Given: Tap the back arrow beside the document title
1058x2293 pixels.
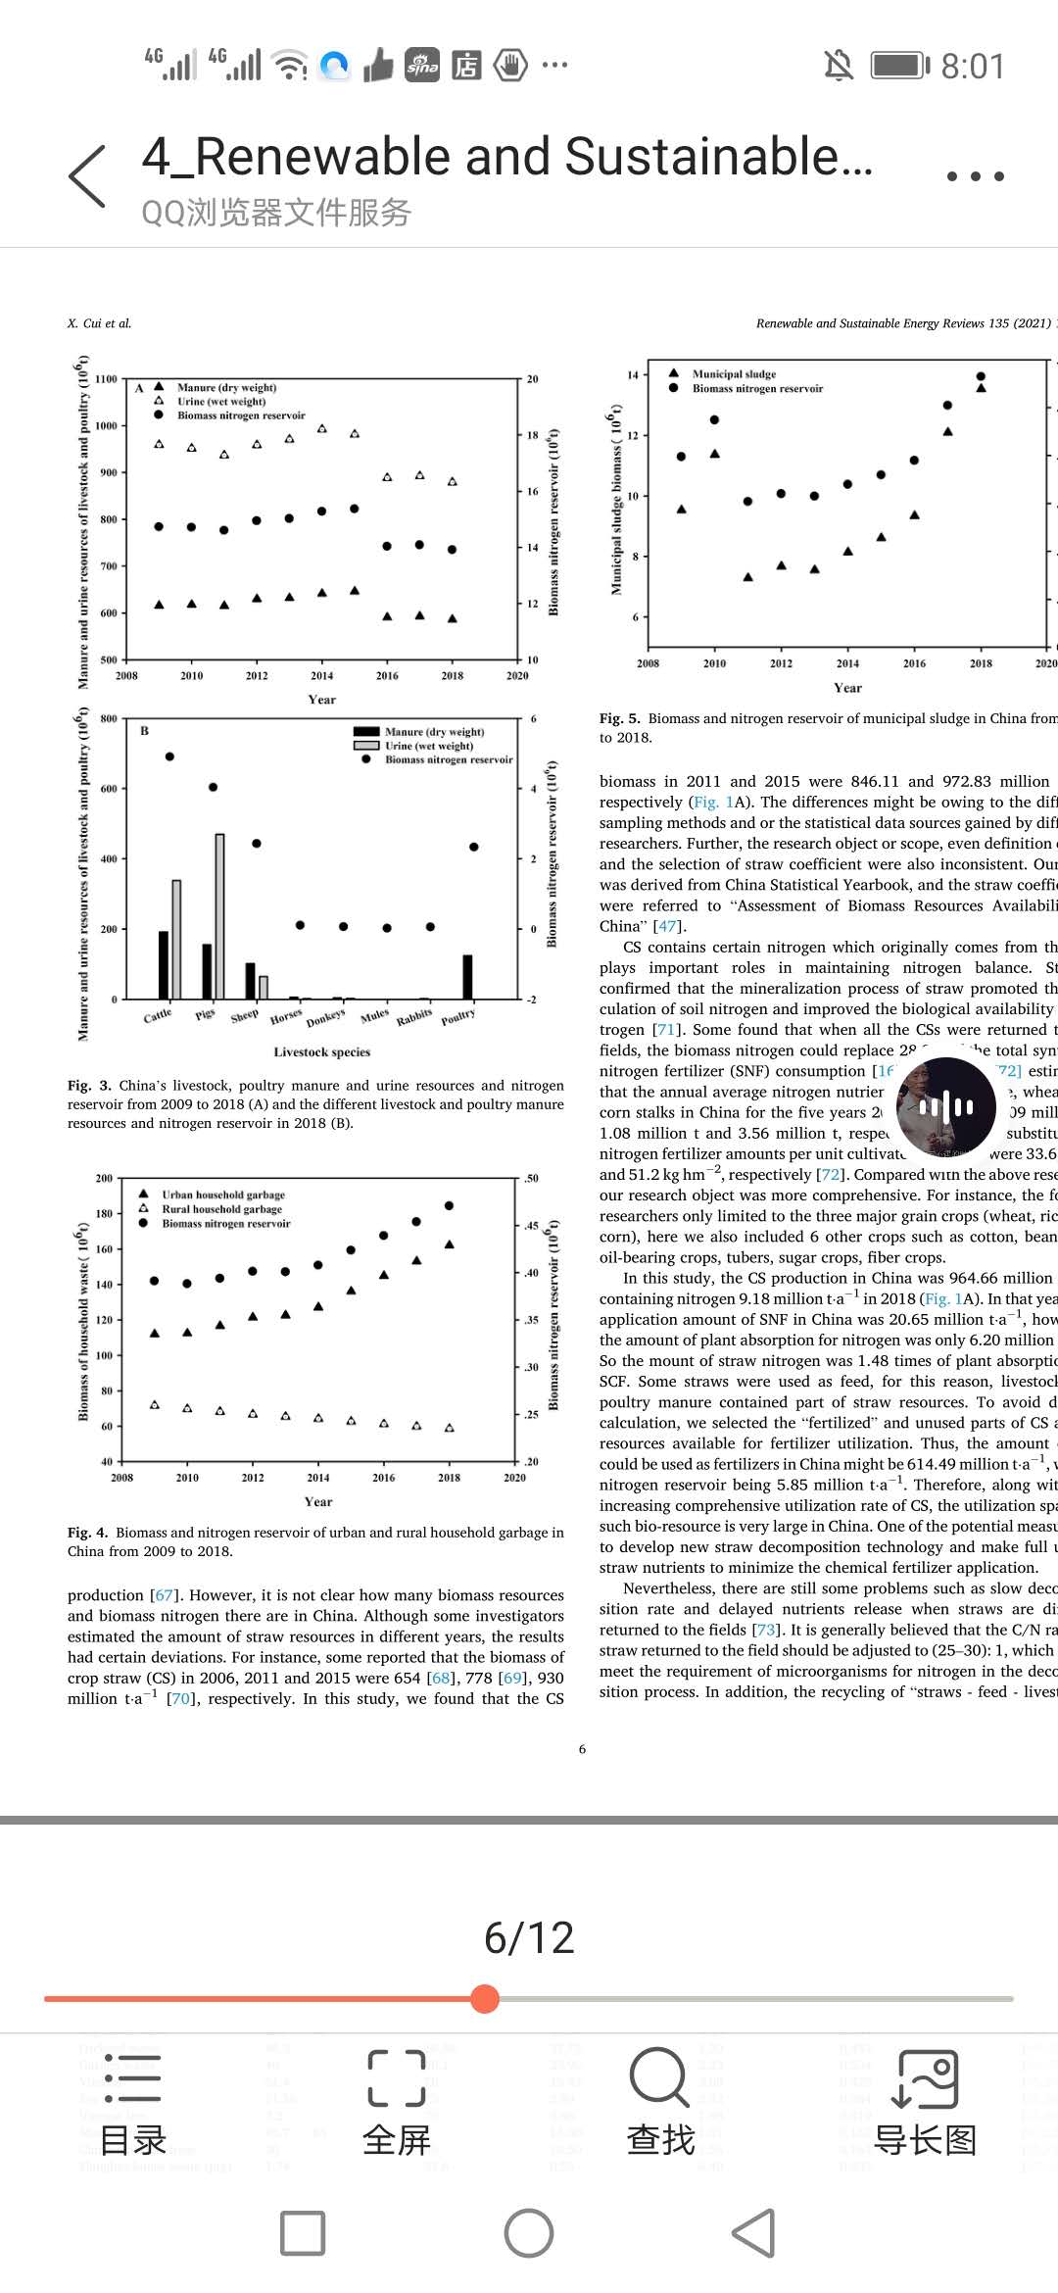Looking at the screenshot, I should (x=88, y=176).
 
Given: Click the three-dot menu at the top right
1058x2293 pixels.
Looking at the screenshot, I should (x=975, y=176).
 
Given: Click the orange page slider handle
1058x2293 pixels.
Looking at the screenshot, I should (x=485, y=1998).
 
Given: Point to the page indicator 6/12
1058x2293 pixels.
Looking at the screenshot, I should (x=529, y=1937).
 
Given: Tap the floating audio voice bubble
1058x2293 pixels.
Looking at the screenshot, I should (x=946, y=1107).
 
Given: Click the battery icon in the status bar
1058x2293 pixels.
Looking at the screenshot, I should (x=899, y=66).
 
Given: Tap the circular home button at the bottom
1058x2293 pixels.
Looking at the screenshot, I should (x=529, y=2234).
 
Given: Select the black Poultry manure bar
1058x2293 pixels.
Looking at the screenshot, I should (x=467, y=976).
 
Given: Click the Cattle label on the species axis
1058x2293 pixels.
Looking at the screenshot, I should (x=158, y=1016).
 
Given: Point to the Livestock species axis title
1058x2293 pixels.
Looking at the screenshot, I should (x=322, y=1052).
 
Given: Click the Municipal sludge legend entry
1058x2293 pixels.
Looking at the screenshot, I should (x=734, y=373).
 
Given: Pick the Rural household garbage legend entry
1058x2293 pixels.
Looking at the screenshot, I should (x=221, y=1209).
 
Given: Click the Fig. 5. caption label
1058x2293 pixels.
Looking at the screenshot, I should (x=620, y=718).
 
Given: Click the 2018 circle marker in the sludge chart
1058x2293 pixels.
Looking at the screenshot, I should (x=981, y=376).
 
